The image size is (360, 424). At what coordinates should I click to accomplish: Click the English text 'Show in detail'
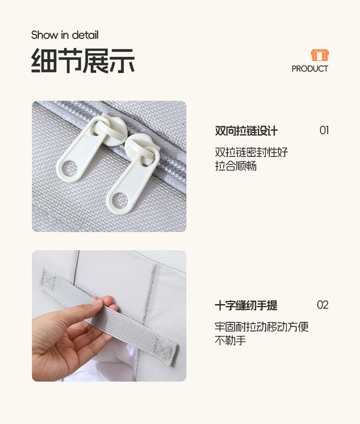pos(65,35)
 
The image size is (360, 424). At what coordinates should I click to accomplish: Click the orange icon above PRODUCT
pos(320,55)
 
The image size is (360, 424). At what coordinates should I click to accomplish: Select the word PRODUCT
pos(310,69)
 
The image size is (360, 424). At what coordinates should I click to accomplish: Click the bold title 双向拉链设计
pos(246,131)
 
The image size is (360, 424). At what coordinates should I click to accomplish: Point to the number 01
pos(324,130)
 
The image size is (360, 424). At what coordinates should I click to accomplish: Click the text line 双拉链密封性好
pos(251,152)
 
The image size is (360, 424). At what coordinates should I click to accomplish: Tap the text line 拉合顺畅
pos(236,166)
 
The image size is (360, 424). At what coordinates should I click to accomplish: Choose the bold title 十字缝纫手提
pos(246,305)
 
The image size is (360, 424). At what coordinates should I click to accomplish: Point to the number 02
pos(323,305)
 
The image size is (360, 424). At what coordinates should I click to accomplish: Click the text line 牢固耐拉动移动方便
pos(262,327)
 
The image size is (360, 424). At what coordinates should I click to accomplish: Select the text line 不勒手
pos(231,341)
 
